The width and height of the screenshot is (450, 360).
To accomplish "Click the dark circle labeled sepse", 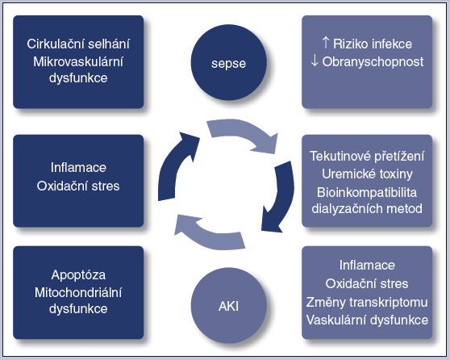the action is [229, 62].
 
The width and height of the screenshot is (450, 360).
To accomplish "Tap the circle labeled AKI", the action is [229, 305].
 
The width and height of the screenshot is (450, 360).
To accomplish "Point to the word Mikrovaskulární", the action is [78, 61].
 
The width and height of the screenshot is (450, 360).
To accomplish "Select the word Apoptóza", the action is [78, 275].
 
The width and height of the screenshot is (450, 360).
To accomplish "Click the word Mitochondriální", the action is [78, 292].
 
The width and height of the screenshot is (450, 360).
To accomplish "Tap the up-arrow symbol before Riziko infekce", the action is [326, 43].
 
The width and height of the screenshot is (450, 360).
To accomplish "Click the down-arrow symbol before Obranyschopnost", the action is [315, 61].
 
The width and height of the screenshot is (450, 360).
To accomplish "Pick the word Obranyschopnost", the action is [373, 62].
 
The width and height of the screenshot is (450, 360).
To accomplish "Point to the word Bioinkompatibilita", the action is [367, 192].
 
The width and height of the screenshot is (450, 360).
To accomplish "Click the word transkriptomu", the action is [388, 302].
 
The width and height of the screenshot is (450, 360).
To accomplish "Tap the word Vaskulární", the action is [332, 320].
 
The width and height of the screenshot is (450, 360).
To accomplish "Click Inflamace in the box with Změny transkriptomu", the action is [367, 266].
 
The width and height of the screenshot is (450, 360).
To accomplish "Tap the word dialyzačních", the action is [347, 209].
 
